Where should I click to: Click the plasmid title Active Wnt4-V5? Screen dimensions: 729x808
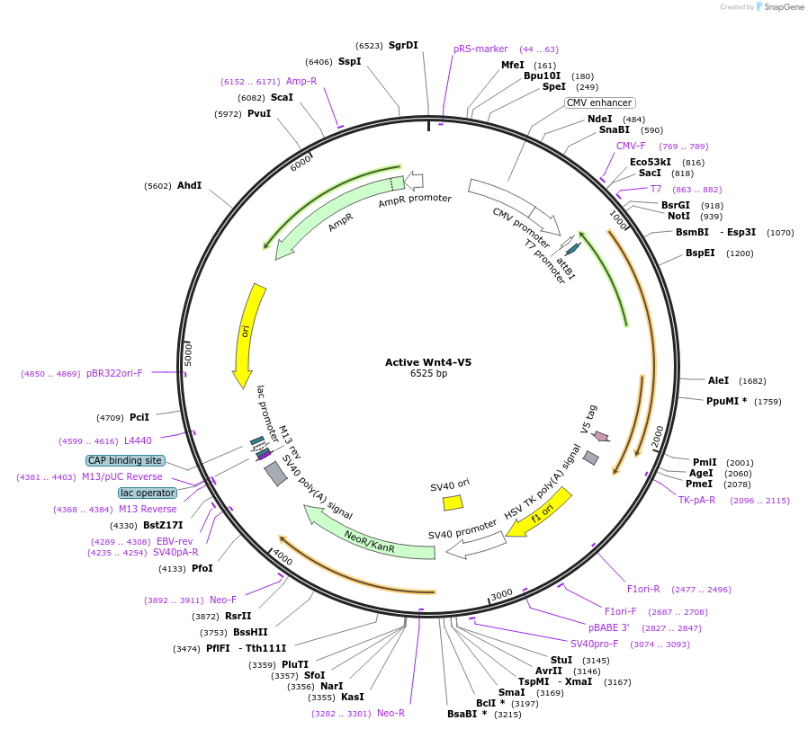[427, 362]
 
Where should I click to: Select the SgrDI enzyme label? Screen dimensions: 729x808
[403, 45]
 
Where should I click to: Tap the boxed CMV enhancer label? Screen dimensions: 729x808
[599, 102]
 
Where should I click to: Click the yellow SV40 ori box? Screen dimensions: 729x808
[452, 502]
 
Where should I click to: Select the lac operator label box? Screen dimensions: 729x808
[148, 493]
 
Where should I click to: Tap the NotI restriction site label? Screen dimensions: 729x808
[679, 216]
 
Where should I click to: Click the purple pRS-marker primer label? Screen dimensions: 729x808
[480, 49]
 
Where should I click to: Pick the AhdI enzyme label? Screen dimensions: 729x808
[189, 185]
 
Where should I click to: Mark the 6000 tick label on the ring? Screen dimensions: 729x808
[301, 163]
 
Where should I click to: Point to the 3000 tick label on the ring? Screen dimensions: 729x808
[502, 593]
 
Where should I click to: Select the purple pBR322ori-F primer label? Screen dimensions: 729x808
[114, 373]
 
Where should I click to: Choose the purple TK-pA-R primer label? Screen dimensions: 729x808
[696, 500]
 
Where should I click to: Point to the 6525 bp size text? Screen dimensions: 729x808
[428, 373]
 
